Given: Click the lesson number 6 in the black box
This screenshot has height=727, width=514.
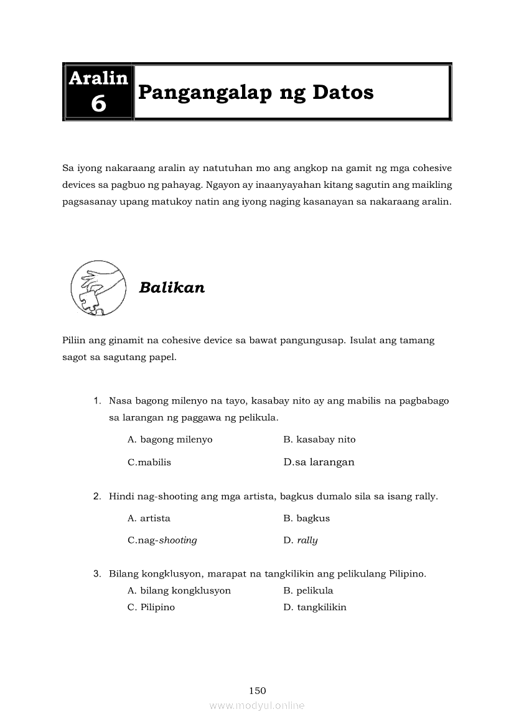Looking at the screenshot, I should (98, 104).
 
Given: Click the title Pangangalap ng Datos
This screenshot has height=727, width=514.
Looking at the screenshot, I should (256, 93).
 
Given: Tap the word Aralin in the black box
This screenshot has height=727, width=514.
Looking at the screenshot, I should (98, 78).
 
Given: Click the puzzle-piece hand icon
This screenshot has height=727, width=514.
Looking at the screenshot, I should (96, 287).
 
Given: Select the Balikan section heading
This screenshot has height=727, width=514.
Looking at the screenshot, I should (172, 288).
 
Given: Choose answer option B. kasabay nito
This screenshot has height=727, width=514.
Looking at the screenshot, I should (319, 440).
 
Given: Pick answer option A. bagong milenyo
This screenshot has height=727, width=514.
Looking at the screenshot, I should (170, 440).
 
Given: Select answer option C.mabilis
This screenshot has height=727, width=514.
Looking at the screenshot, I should (149, 463).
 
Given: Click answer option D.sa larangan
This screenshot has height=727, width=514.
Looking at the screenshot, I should (319, 462).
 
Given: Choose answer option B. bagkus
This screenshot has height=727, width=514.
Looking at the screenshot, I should (306, 518).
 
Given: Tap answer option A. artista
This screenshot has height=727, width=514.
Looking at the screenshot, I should (149, 518).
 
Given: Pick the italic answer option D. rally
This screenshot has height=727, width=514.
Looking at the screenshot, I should (301, 540).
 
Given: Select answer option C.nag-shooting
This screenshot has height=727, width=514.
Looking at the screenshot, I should (162, 540).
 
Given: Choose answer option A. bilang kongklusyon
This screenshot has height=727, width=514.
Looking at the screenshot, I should (179, 591).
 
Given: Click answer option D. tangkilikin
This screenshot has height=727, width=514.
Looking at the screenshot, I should (315, 608).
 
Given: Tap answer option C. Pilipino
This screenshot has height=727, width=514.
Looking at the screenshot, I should (151, 608).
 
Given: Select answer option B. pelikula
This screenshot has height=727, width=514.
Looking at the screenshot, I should (308, 591).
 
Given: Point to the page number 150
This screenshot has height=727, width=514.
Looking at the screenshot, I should (257, 690).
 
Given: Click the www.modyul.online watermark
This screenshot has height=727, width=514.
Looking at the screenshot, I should (257, 706).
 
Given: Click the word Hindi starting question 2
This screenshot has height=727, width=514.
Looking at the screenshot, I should (121, 496).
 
